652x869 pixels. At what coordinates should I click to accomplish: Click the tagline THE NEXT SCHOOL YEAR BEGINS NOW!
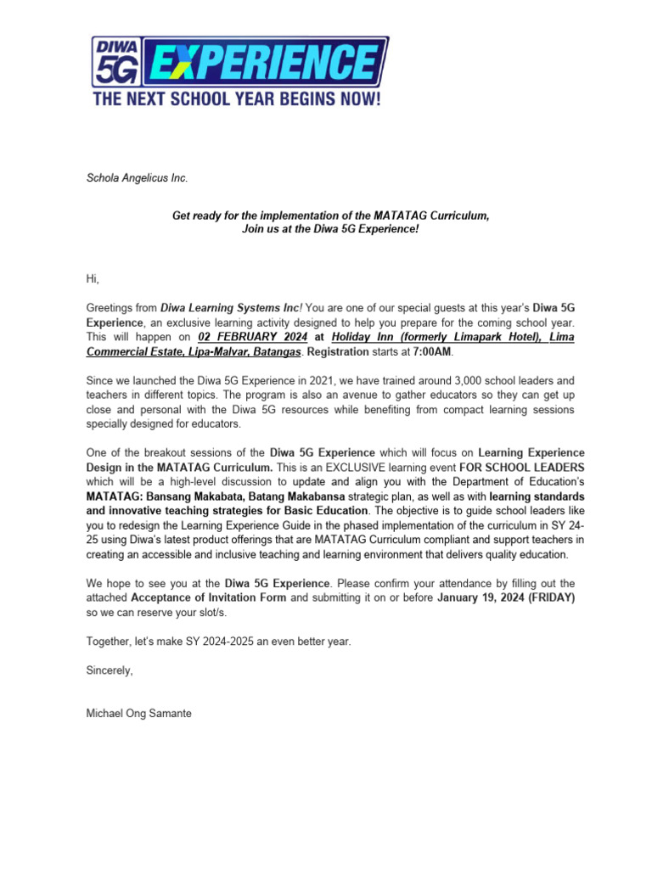click(237, 98)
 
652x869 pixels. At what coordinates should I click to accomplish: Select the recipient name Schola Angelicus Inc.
click(138, 177)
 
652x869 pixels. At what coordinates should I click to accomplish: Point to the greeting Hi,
click(93, 278)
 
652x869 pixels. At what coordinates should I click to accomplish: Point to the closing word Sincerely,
click(110, 670)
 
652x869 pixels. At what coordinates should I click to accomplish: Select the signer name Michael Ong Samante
click(139, 714)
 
